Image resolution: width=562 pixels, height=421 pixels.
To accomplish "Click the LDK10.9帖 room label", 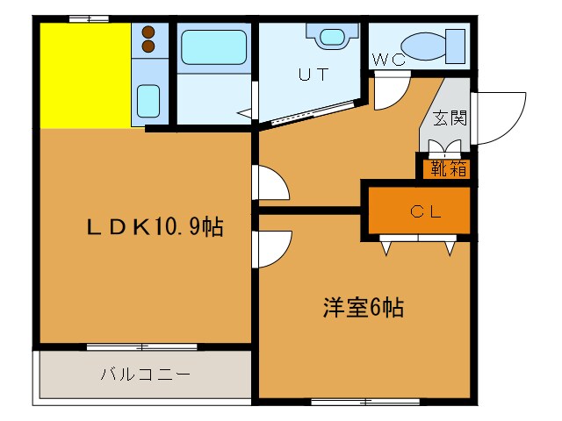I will pos(155,227).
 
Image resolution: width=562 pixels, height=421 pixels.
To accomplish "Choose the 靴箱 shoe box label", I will pos(448,168).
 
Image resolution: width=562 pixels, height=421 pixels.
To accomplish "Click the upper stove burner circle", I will pos(148,31).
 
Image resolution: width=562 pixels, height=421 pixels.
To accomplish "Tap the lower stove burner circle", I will pos(148,46).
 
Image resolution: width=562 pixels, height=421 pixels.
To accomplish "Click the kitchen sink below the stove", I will pos(148,97).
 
